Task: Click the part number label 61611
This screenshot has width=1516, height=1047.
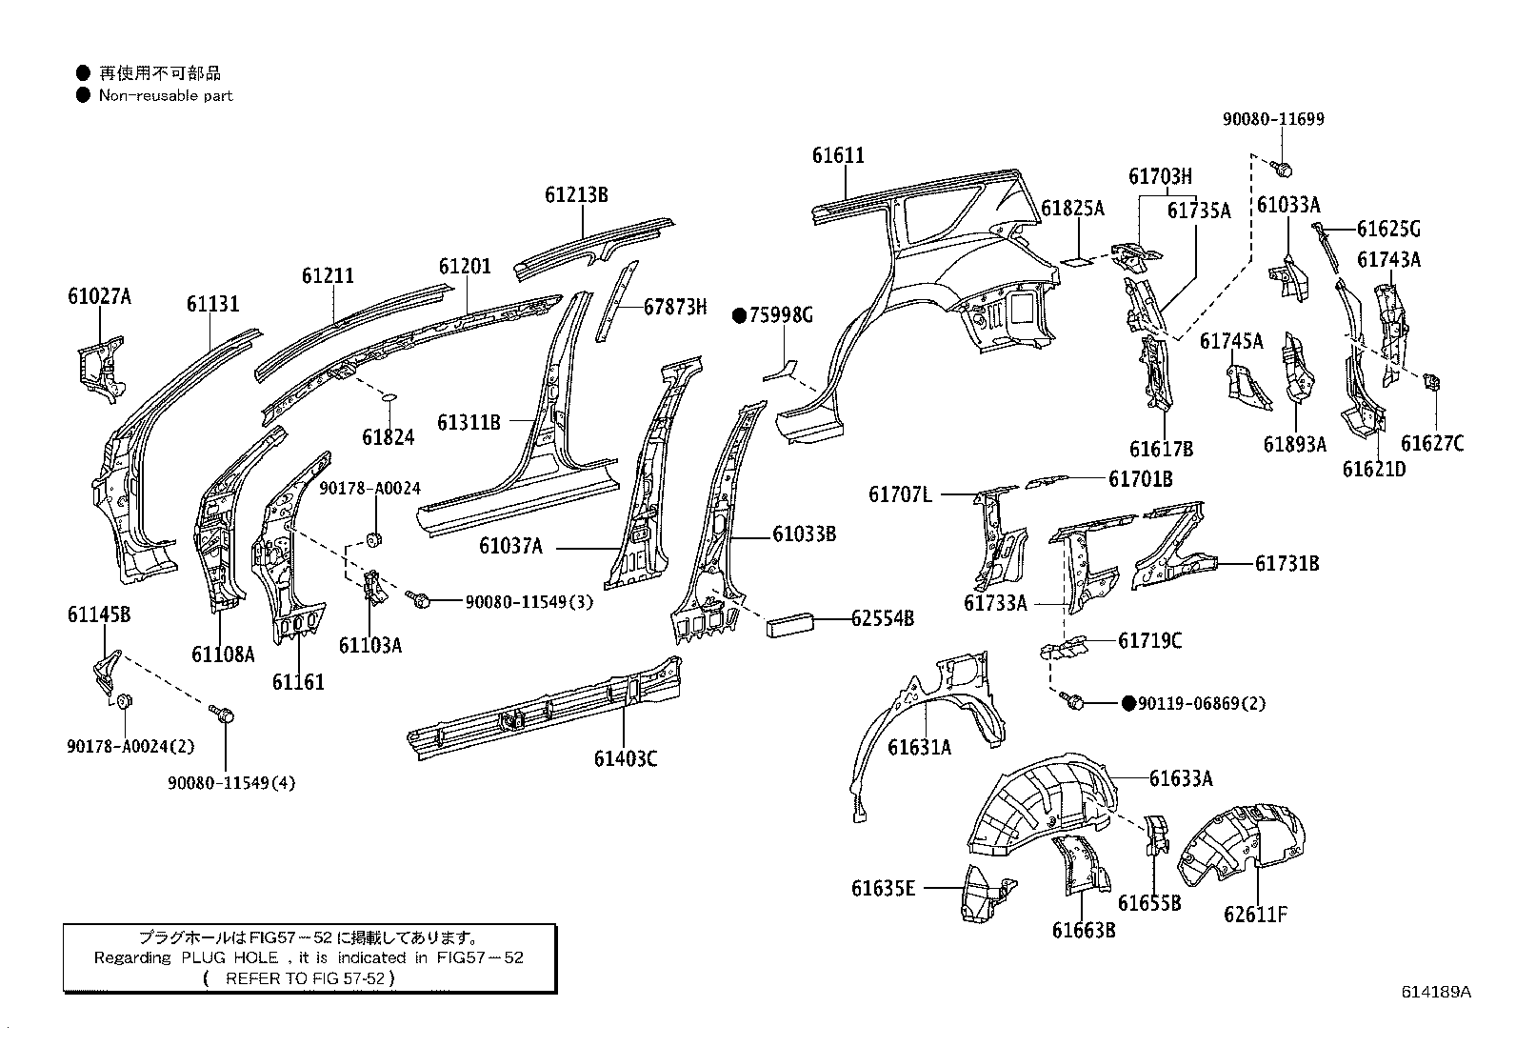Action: coord(838,155)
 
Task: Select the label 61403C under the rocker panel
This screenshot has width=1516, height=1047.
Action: coord(625,758)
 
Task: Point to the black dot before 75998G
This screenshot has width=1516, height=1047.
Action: coord(739,315)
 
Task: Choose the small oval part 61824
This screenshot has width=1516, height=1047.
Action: coord(390,396)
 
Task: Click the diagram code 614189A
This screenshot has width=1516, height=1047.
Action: coord(1435,991)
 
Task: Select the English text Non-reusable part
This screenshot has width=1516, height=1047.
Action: coord(166,95)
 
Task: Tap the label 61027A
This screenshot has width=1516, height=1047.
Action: coord(99,296)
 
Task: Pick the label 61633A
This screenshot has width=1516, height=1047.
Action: coord(1181,778)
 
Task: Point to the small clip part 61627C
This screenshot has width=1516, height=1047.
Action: coord(1429,383)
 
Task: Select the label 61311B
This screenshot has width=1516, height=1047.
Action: coord(469,421)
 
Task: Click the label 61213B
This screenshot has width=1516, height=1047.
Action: coord(576,195)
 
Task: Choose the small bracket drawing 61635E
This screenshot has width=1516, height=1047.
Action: coord(982,893)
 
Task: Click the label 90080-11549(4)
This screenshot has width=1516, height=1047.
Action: coord(231,783)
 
